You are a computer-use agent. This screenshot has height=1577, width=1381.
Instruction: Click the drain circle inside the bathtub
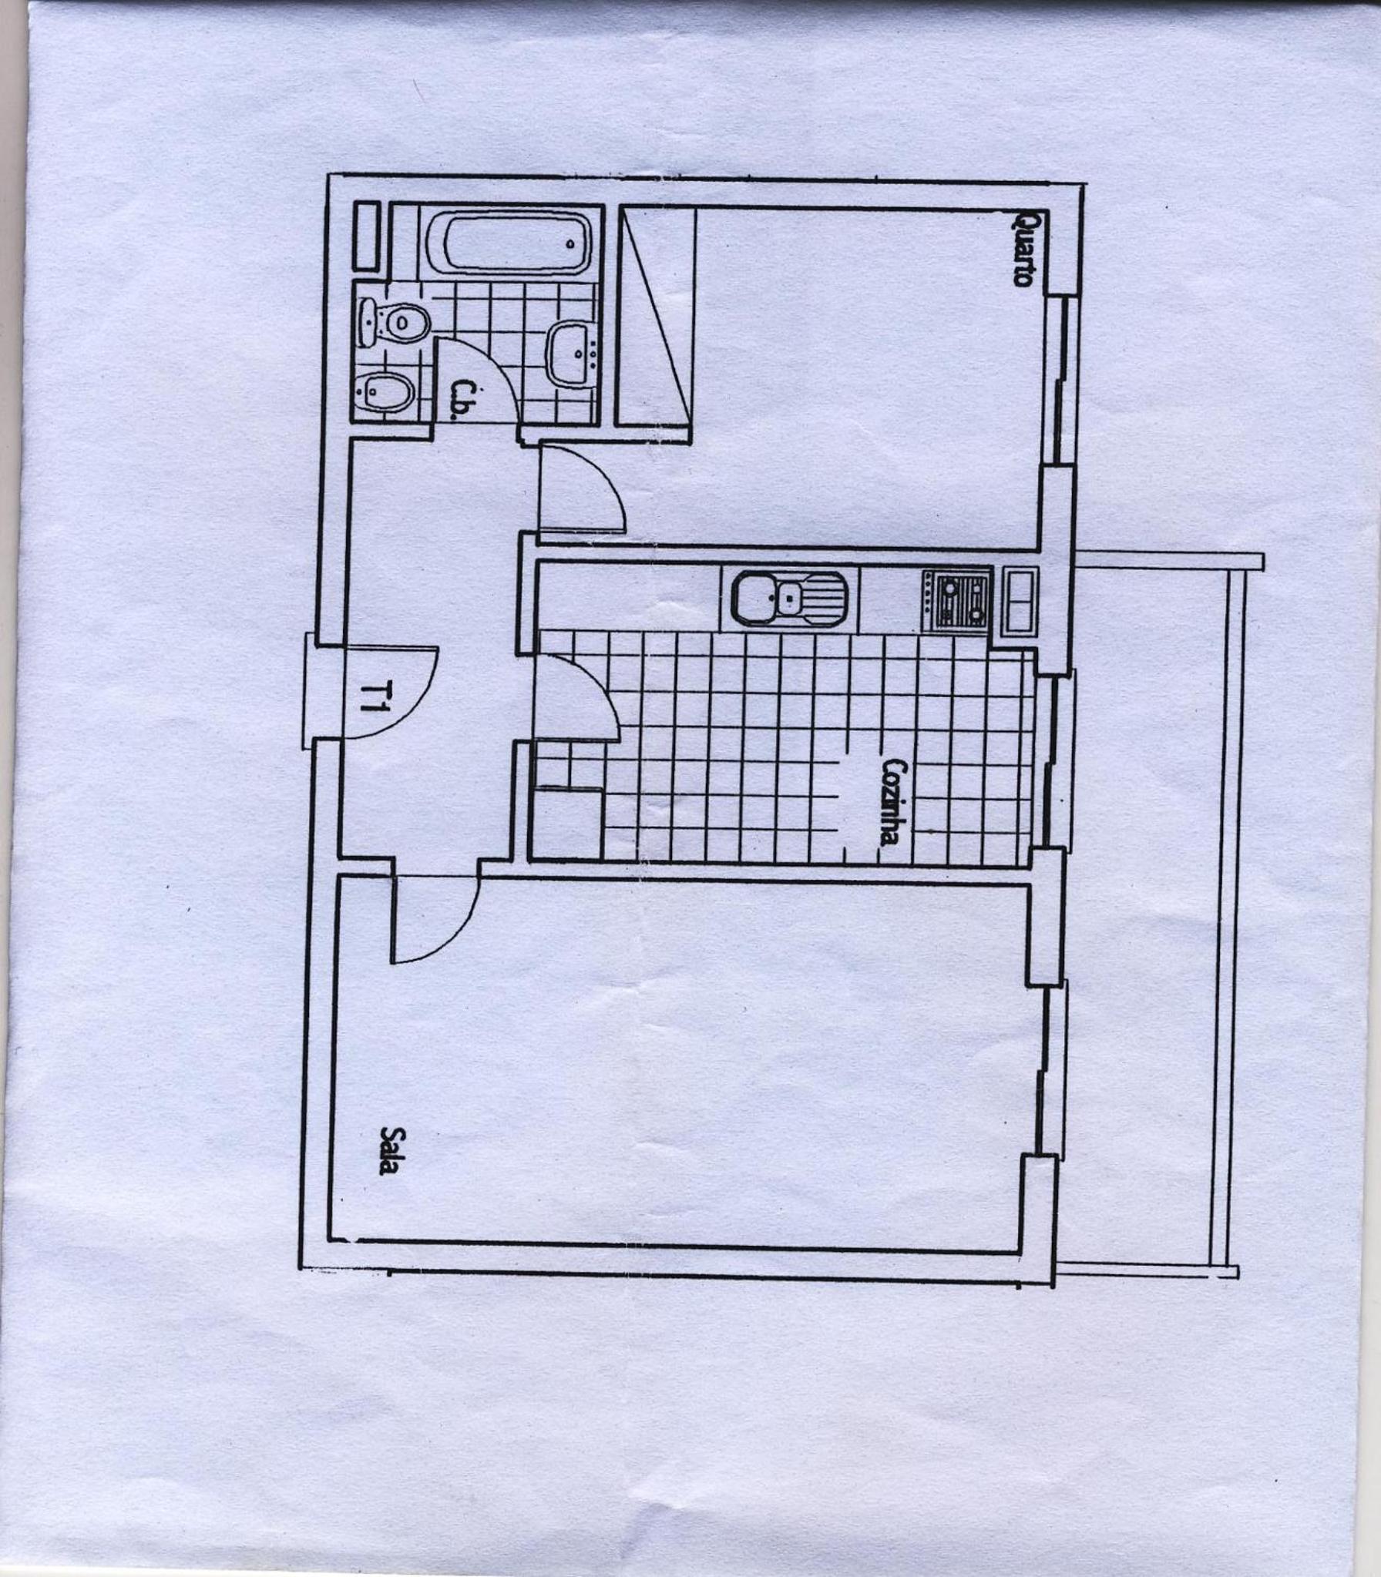[x=570, y=243]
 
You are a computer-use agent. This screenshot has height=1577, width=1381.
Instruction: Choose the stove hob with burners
[x=957, y=602]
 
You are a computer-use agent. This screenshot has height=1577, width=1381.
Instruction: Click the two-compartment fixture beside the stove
[x=1019, y=600]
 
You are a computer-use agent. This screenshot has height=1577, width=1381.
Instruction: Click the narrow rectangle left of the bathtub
[x=367, y=236]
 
